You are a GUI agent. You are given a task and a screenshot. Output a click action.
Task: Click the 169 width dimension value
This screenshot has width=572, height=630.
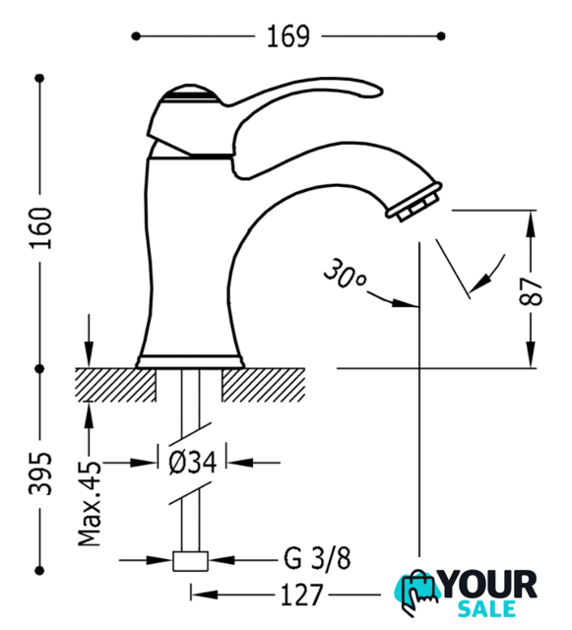[x=288, y=36]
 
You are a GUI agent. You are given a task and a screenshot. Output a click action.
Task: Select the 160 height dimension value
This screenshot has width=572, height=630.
[x=40, y=227]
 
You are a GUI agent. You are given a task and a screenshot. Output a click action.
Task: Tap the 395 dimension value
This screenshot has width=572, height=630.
[x=40, y=473]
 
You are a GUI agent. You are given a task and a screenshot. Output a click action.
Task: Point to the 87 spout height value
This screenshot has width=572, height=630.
[x=531, y=291]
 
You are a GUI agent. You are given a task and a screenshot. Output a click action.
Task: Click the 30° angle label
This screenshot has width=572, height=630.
[x=345, y=274]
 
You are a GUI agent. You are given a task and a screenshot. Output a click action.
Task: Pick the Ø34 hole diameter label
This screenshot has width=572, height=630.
[x=193, y=463]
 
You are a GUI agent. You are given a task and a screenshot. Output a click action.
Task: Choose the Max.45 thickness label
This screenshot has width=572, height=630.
[x=90, y=503]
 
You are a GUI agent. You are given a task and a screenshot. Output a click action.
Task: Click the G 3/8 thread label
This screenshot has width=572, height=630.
[x=317, y=558]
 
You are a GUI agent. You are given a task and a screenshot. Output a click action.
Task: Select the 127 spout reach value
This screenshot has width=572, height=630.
[x=302, y=595]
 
